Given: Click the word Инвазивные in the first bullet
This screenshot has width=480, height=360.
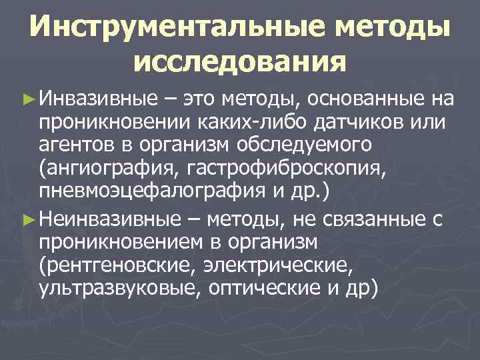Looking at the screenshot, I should [97, 100].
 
